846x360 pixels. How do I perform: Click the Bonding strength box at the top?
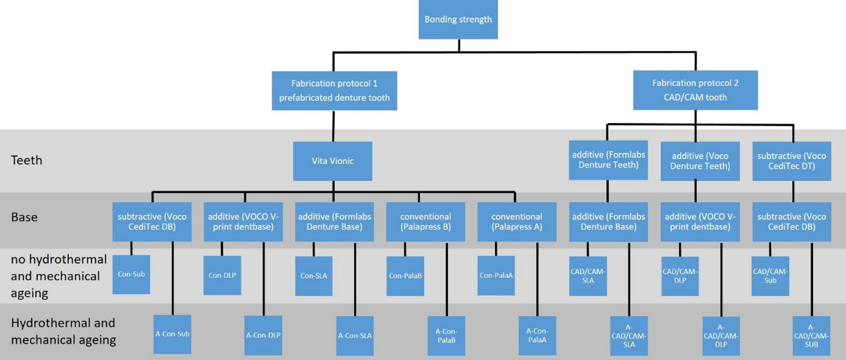(x=458, y=19)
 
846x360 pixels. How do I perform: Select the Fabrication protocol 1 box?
(x=334, y=91)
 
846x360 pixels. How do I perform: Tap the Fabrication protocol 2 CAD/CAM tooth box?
(x=695, y=90)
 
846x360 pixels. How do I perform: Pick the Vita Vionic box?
(x=333, y=161)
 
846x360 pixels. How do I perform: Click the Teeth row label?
(x=26, y=160)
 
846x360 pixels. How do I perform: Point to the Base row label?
(x=24, y=217)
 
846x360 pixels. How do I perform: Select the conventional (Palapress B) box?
(x=425, y=222)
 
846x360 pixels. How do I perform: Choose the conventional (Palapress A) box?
(x=517, y=222)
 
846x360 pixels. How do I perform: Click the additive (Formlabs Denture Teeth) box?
(x=608, y=160)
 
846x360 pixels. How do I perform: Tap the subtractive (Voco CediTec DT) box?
(x=791, y=161)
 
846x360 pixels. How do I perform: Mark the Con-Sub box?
(x=131, y=274)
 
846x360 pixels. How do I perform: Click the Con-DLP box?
(x=222, y=275)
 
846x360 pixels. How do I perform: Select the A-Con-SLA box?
(x=354, y=335)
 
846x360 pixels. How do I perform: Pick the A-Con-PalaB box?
(x=446, y=335)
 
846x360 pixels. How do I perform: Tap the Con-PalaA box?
(x=496, y=275)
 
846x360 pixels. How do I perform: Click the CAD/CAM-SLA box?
(x=588, y=276)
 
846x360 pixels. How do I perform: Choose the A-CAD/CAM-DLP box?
(x=720, y=336)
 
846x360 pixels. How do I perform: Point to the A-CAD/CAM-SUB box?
(x=811, y=336)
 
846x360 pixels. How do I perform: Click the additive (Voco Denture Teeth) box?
(x=700, y=161)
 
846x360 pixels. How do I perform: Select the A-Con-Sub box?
(x=172, y=334)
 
